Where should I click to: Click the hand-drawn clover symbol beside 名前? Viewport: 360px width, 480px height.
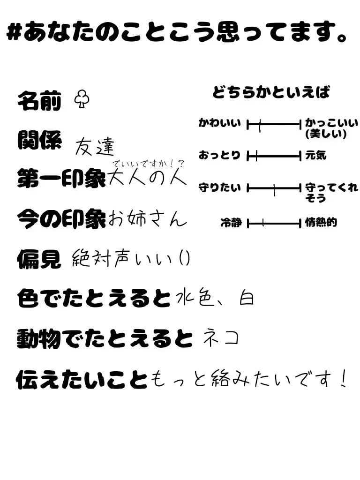(82, 99)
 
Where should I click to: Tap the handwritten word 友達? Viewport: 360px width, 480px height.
(95, 147)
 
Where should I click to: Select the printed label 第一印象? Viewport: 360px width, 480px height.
(61, 179)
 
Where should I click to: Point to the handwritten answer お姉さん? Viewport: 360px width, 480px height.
(147, 218)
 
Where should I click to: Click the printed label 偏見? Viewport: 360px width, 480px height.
(39, 258)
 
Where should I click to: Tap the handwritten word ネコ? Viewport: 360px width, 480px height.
(220, 338)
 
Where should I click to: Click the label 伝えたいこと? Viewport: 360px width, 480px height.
(82, 379)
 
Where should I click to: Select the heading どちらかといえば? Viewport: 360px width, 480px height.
(271, 92)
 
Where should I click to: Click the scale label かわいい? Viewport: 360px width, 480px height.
(219, 123)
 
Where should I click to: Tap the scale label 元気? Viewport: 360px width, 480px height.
(316, 155)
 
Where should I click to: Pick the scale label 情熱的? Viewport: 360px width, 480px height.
(321, 223)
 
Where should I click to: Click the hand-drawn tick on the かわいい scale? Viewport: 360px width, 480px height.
(259, 125)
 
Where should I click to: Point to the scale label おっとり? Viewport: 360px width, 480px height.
(219, 155)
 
